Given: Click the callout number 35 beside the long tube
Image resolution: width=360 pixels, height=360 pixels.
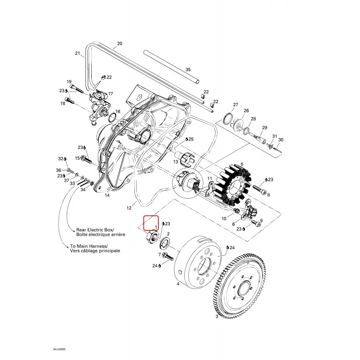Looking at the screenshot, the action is (188, 69).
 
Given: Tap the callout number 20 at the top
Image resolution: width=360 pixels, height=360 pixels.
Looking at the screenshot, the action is (120, 43).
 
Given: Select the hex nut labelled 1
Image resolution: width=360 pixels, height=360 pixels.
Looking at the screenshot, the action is (152, 238).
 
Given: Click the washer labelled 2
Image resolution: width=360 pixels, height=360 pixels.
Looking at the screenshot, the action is (164, 243).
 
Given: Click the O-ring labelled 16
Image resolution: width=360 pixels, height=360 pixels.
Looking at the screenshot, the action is (112, 118).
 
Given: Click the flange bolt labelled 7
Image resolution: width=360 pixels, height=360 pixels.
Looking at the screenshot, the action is (168, 256).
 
